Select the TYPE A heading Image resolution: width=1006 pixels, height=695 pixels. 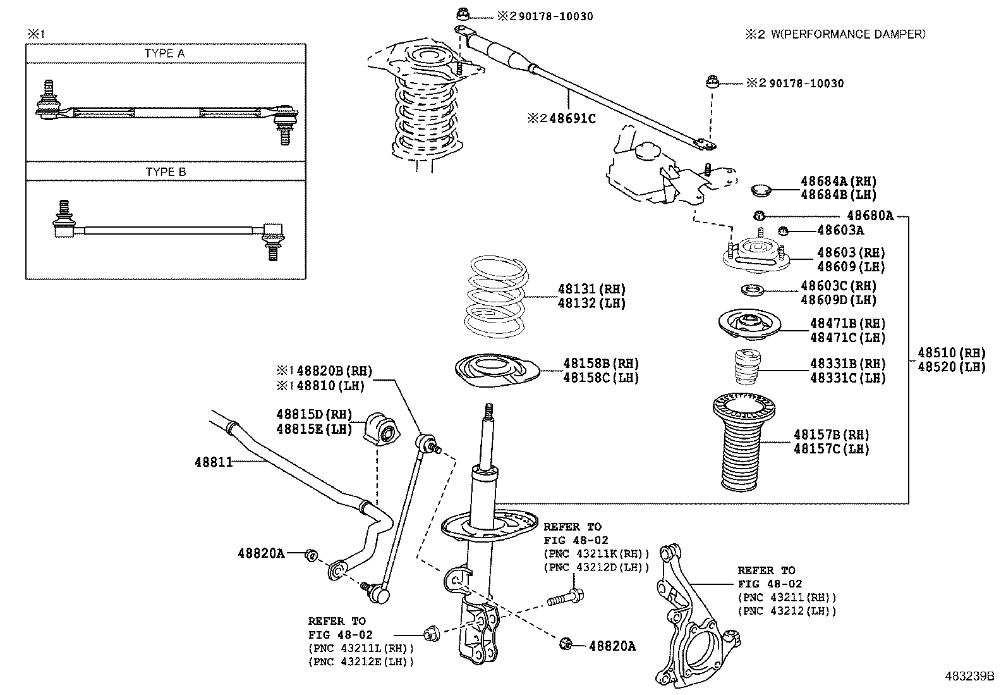[x=165, y=54]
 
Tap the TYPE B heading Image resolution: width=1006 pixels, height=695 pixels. [x=165, y=172]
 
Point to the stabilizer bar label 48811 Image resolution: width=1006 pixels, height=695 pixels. [x=214, y=462]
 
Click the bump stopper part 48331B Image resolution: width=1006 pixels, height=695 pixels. [x=746, y=367]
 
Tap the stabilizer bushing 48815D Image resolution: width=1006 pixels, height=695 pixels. [x=382, y=429]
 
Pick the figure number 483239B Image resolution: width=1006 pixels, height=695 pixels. [x=969, y=675]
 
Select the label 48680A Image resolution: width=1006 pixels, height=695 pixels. [x=870, y=216]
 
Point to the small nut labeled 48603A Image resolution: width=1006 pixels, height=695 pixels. [x=782, y=230]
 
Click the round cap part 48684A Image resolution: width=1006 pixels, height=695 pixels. [x=763, y=188]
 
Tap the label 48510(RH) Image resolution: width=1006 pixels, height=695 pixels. [x=951, y=353]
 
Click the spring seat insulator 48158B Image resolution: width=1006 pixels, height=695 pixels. [x=496, y=371]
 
